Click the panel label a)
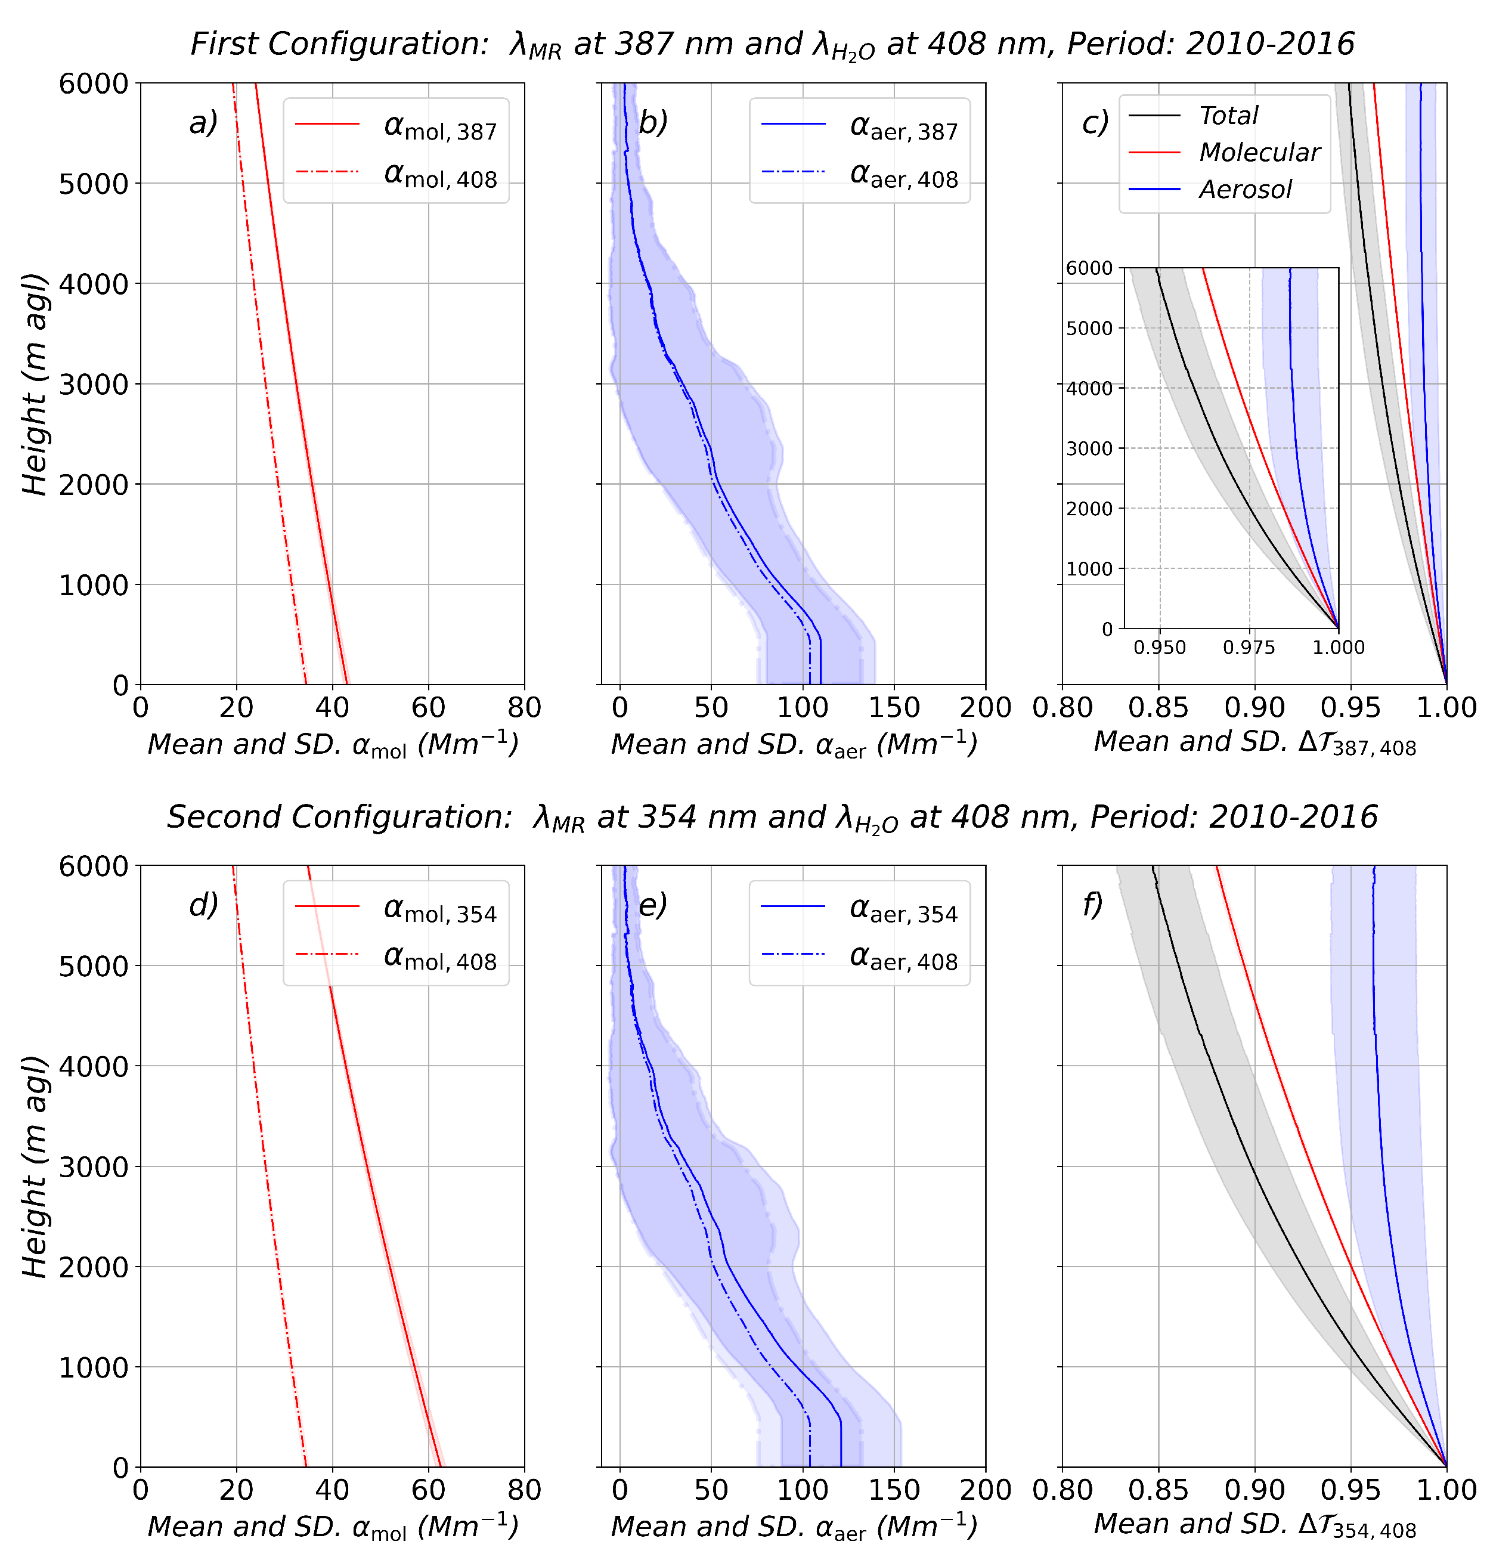[203, 123]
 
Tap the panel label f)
[1093, 905]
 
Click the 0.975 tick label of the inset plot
[1249, 647]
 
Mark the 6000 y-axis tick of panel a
[93, 83]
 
